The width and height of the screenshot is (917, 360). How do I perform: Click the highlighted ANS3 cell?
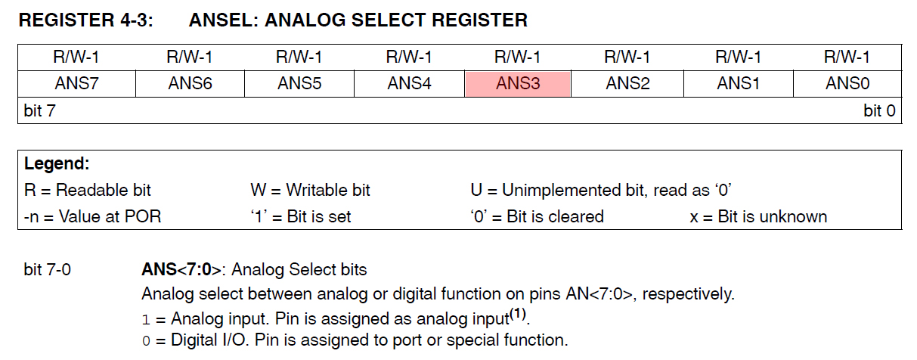tap(518, 84)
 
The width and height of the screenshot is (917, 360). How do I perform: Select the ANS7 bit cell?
tap(77, 84)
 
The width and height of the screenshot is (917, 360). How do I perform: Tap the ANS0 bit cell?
tap(847, 84)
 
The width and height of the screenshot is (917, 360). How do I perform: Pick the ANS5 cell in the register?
tap(299, 84)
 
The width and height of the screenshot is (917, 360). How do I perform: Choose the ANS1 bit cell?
tap(738, 84)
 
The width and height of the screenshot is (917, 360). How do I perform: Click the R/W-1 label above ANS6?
tap(190, 57)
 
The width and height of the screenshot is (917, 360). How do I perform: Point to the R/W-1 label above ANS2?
tap(627, 57)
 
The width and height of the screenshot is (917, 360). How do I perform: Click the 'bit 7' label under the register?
tap(39, 110)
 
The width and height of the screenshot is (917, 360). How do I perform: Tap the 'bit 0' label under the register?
tap(879, 110)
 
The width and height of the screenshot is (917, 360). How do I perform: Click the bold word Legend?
tap(57, 163)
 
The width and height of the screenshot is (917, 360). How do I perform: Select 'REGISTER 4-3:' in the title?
tap(86, 20)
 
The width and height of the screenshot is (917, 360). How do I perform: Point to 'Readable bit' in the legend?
tap(103, 190)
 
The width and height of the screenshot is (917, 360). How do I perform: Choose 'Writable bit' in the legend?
tap(328, 190)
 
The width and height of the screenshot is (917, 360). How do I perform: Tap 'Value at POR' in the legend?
tap(110, 216)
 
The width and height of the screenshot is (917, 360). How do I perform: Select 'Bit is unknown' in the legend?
tap(772, 216)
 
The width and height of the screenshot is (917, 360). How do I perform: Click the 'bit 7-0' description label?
tap(47, 269)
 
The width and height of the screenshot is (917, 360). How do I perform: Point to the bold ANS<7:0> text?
tap(181, 269)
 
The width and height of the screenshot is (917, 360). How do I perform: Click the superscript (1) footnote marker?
tap(517, 314)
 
